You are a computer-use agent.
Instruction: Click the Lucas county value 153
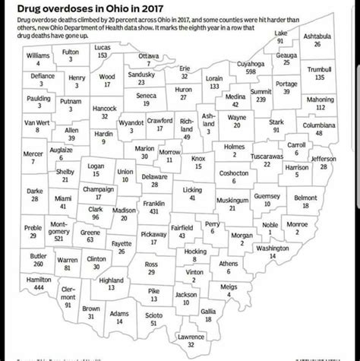point(103,55)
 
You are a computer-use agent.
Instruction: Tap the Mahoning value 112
point(326,107)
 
